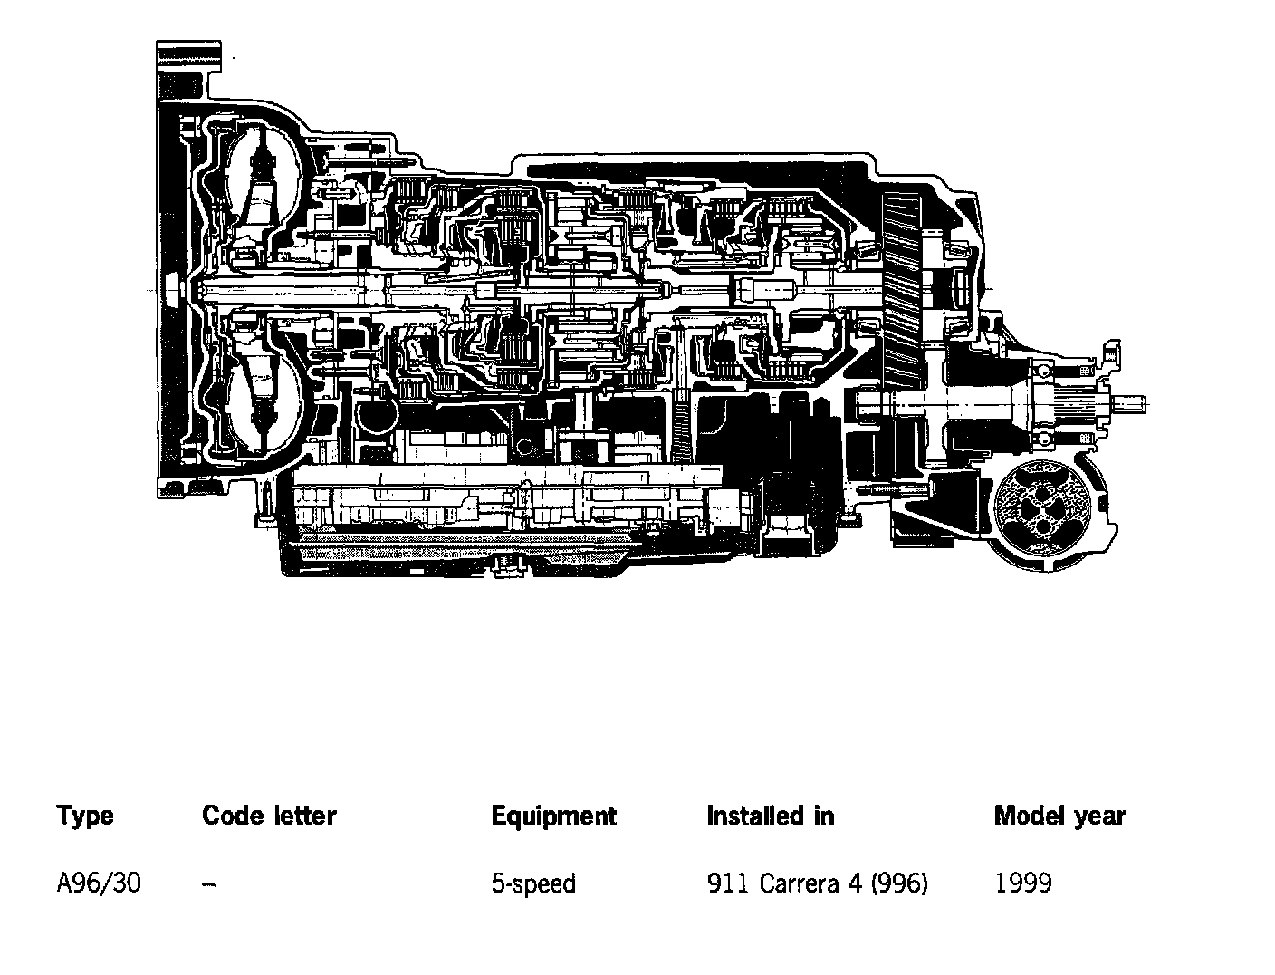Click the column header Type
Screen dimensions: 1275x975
pyautogui.click(x=85, y=816)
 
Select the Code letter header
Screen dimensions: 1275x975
pyautogui.click(x=269, y=816)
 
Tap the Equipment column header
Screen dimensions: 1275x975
pyautogui.click(x=553, y=816)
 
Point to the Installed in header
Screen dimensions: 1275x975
pyautogui.click(x=770, y=816)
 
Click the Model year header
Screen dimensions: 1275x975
pyautogui.click(x=1059, y=816)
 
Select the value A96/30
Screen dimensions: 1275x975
pyautogui.click(x=99, y=883)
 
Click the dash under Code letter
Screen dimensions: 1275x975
pyautogui.click(x=209, y=883)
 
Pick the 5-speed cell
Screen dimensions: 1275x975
pyautogui.click(x=533, y=883)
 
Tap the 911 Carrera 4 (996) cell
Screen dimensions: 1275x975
pyautogui.click(x=817, y=883)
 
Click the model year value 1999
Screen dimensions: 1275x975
pyautogui.click(x=1023, y=883)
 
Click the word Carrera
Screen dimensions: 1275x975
pyautogui.click(x=800, y=883)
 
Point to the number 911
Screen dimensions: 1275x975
pyautogui.click(x=728, y=883)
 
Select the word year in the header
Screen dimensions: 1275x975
pyautogui.click(x=1099, y=816)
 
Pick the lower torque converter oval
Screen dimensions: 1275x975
pyautogui.click(x=262, y=399)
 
